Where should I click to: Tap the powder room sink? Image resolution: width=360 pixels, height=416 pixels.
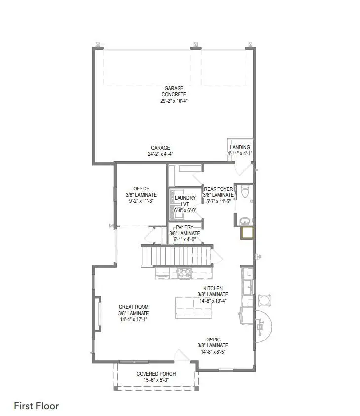243,221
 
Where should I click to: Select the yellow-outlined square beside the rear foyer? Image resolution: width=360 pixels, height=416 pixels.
247,232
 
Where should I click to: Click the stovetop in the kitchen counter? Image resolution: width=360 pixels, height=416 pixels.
185,272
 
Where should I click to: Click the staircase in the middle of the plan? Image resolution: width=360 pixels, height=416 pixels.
176,256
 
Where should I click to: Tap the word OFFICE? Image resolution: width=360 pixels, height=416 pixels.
141,189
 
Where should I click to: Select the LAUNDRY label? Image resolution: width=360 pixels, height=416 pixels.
185,198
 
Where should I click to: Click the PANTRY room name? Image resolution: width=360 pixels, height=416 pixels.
184,227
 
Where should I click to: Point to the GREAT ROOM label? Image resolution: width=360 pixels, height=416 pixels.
133,306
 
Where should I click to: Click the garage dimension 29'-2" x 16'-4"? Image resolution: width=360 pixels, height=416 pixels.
174,101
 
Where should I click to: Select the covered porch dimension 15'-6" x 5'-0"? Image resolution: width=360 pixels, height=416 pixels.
156,380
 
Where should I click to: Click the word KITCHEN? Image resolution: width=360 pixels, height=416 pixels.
214,288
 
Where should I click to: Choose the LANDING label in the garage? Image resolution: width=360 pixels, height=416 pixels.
240,147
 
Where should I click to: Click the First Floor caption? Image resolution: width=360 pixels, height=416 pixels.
36,406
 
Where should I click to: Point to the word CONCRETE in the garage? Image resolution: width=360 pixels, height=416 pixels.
174,94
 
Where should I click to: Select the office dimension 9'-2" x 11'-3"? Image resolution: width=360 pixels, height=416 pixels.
141,201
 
